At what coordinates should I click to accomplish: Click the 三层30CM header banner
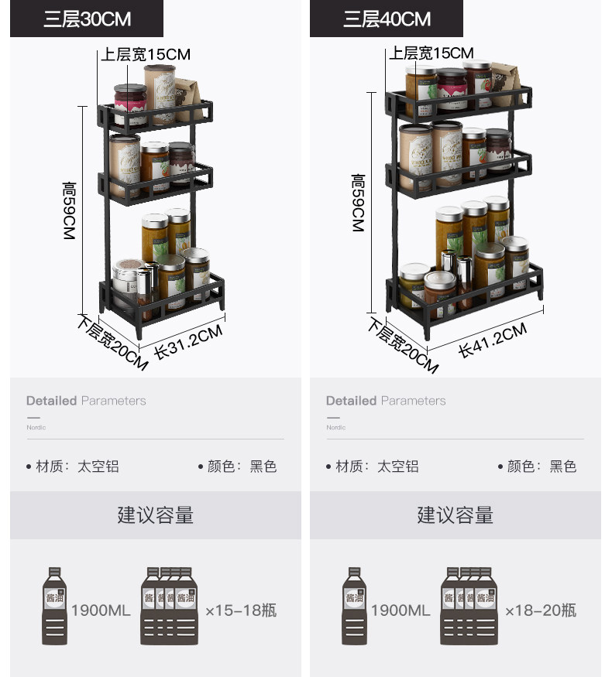pyautogui.click(x=87, y=19)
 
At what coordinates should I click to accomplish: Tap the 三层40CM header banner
pyautogui.click(x=387, y=19)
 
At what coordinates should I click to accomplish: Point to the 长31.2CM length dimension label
pyautogui.click(x=187, y=340)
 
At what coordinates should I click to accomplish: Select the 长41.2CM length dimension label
pyautogui.click(x=492, y=340)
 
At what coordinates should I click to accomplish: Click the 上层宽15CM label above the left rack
pyautogui.click(x=146, y=54)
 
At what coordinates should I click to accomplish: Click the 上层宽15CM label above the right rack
pyautogui.click(x=431, y=53)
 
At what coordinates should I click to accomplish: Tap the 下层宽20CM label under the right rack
pyautogui.click(x=403, y=345)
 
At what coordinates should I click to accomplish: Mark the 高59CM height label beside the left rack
pyautogui.click(x=69, y=210)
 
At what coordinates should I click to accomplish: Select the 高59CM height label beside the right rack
pyautogui.click(x=357, y=203)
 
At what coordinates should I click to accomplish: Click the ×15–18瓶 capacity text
pyautogui.click(x=240, y=610)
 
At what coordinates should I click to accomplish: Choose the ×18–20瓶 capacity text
pyautogui.click(x=541, y=610)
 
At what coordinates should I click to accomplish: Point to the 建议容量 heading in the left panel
pyautogui.click(x=155, y=515)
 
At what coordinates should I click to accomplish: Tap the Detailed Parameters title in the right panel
pyautogui.click(x=386, y=401)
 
